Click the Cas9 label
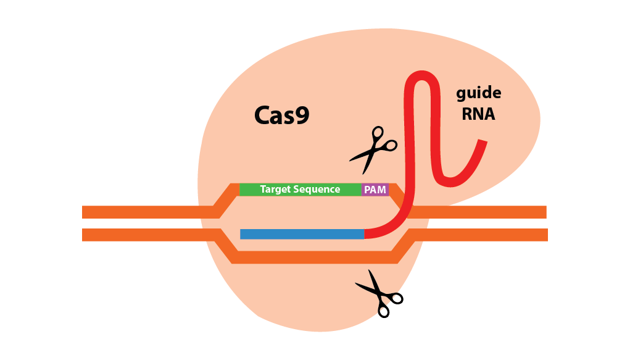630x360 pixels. pos(281,115)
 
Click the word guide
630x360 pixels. pos(478,94)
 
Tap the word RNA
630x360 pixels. pos(478,114)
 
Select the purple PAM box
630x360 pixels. pos(375,190)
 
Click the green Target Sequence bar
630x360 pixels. pos(300,190)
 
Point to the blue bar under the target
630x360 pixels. pos(302,234)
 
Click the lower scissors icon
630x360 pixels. pos(379,293)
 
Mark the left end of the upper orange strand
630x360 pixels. pos(85,212)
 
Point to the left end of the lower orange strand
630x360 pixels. pos(85,235)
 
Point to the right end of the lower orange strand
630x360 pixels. pos(545,235)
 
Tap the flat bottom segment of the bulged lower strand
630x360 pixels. pos(315,257)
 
